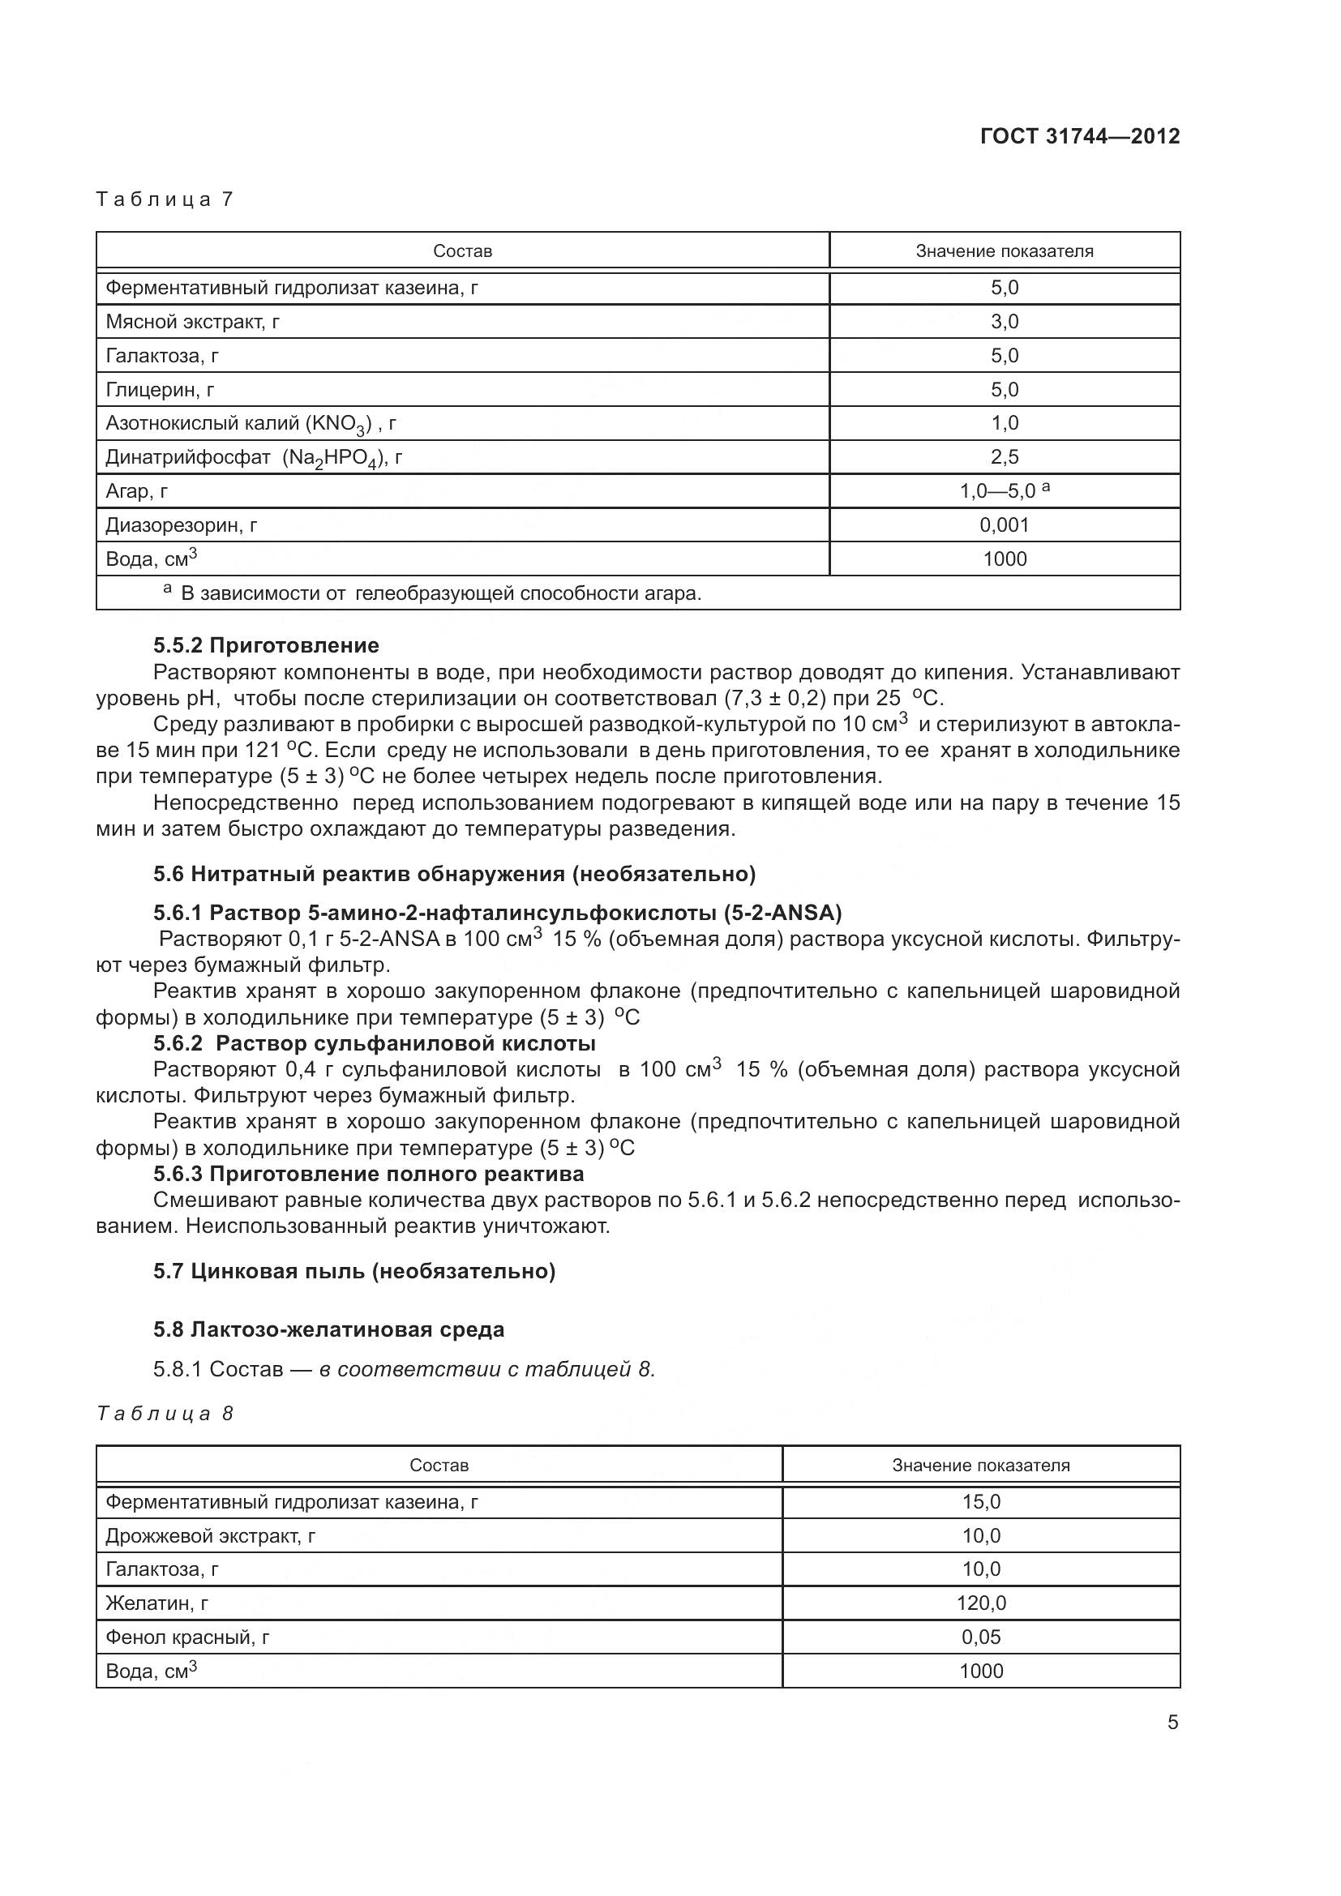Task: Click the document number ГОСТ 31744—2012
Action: [1079, 136]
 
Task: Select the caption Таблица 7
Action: [165, 199]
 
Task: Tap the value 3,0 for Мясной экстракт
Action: [1004, 322]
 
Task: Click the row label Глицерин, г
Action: [160, 390]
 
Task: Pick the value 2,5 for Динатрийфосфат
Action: [1004, 456]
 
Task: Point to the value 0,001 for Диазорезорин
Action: [1004, 525]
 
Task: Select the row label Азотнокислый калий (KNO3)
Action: [251, 424]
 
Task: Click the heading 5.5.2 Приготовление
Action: [266, 645]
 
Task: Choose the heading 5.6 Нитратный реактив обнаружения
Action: [454, 873]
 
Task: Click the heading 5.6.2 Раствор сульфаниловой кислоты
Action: [374, 1043]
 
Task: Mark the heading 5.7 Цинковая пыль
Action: [354, 1271]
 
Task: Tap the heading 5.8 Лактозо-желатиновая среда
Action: [328, 1329]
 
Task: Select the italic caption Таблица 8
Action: [165, 1414]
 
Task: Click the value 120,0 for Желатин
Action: [981, 1603]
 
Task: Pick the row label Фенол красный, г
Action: [187, 1637]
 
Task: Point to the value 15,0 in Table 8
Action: [981, 1501]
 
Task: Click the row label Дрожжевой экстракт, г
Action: [210, 1536]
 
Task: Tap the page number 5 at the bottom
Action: [1172, 1723]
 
